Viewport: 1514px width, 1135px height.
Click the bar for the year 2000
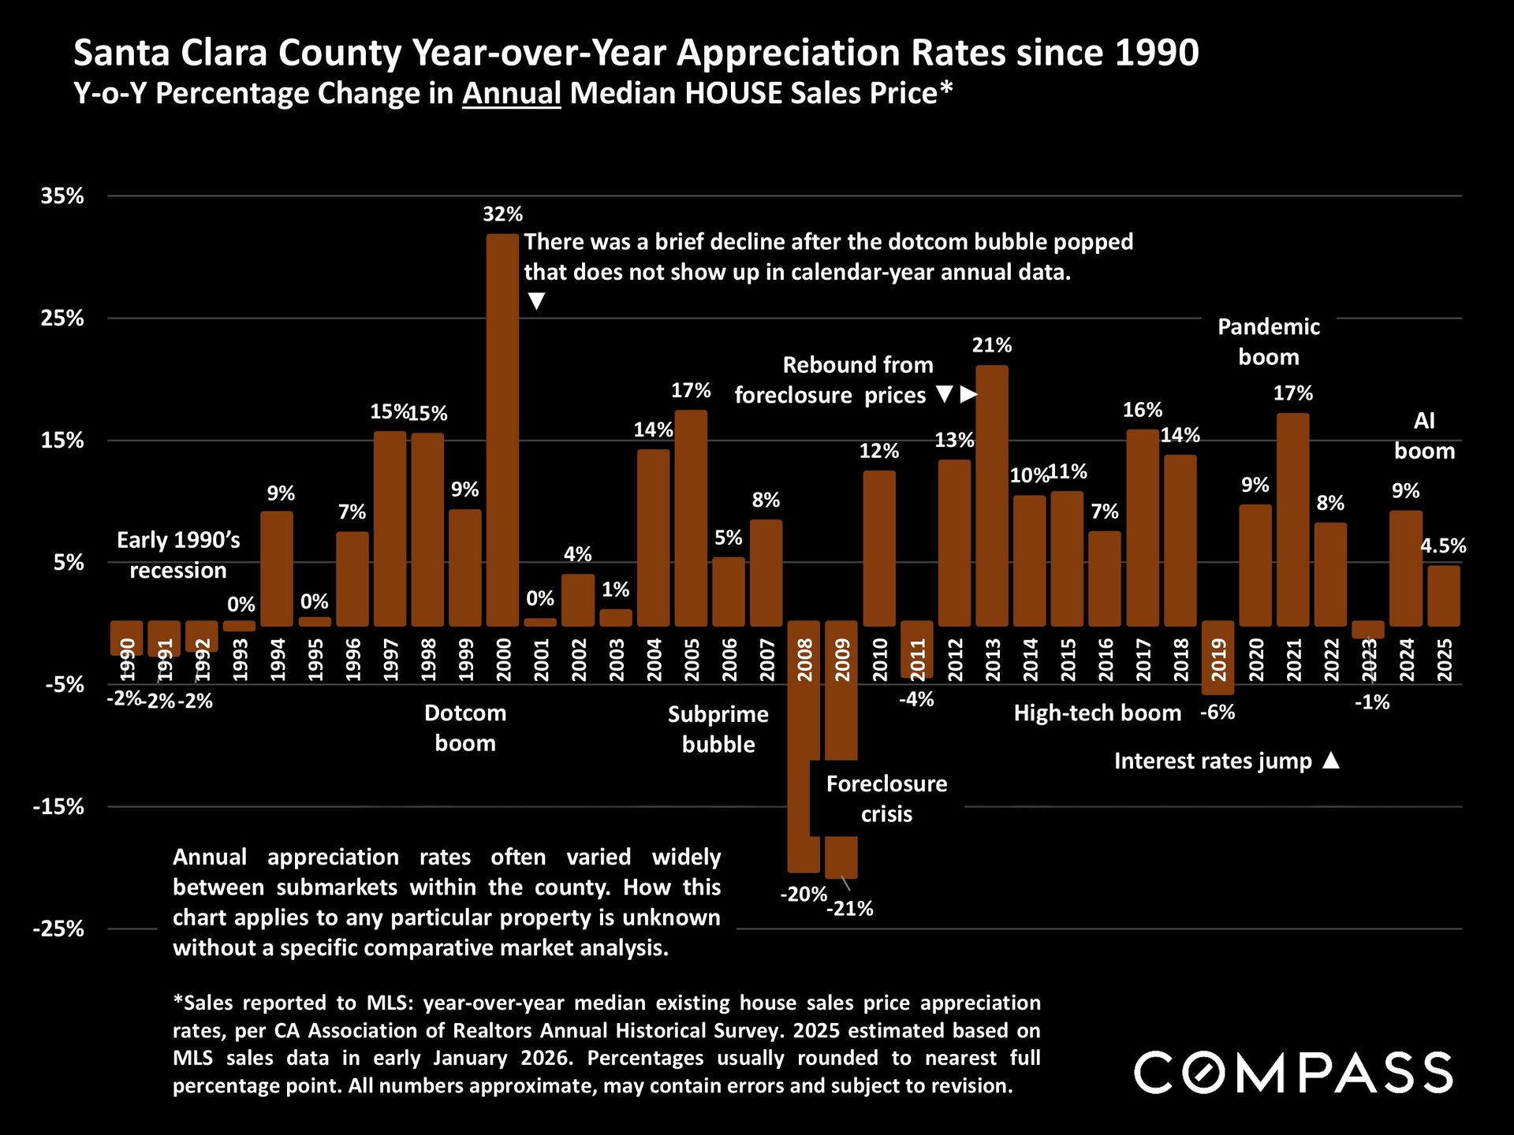502,430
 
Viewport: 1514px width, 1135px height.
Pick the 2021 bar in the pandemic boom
1293,519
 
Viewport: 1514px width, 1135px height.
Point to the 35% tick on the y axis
62,196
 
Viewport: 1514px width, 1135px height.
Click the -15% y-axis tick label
58,807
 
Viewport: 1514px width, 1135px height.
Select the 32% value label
502,214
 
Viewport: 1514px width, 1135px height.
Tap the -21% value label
850,909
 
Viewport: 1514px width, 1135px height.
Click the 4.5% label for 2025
1443,545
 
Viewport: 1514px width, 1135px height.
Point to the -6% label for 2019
1218,713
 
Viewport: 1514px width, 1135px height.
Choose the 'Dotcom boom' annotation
465,728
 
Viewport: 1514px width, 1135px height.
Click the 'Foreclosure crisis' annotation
886,798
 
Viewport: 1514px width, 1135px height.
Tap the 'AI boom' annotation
1424,436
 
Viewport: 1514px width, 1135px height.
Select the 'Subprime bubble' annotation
718,729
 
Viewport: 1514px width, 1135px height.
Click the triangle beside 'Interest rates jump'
1331,761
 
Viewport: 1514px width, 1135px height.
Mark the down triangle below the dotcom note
536,301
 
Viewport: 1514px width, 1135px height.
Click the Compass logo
1293,1073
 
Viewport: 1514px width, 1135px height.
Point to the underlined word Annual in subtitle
511,94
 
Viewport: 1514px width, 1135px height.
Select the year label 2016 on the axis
1105,661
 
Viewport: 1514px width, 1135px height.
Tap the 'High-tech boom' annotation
1097,713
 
